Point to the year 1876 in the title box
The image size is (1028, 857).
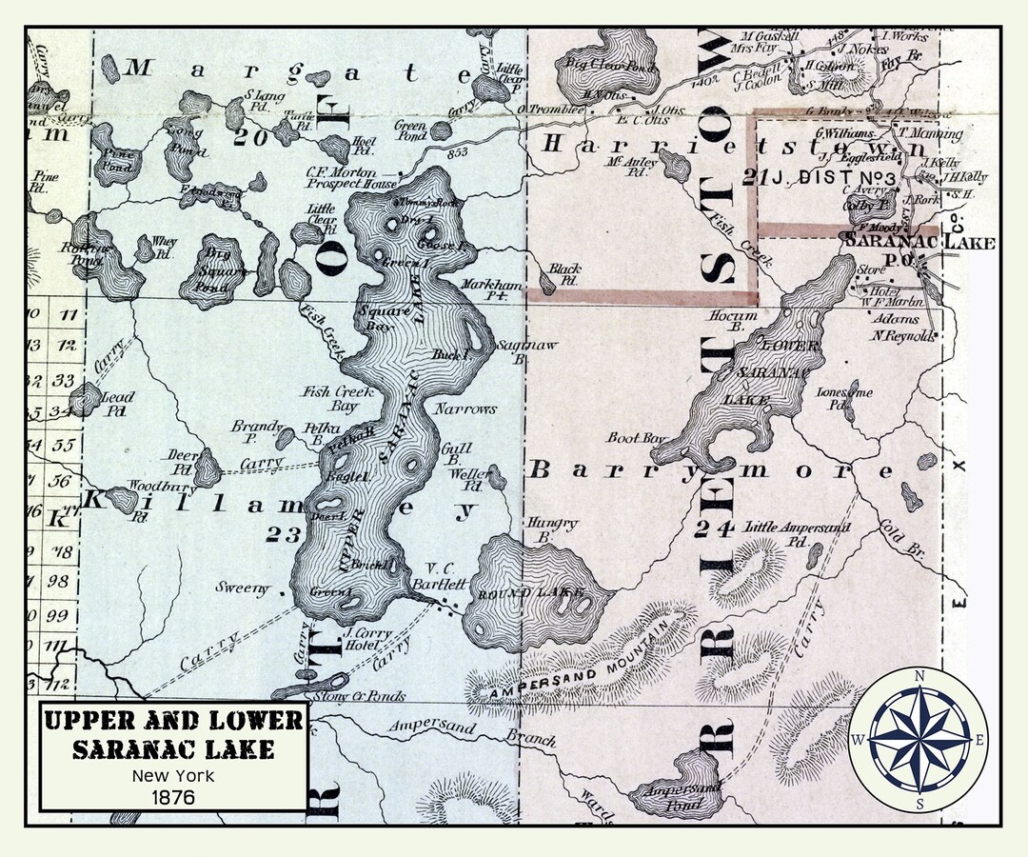click(x=172, y=796)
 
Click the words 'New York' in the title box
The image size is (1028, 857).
click(x=172, y=775)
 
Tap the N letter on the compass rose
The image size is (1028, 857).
click(x=919, y=677)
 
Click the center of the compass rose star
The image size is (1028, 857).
click(x=919, y=739)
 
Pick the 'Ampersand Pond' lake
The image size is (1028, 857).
click(x=681, y=791)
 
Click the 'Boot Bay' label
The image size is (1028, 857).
click(x=636, y=437)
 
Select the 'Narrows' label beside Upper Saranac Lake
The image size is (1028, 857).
click(x=465, y=409)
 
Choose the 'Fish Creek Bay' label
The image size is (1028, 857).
click(x=337, y=397)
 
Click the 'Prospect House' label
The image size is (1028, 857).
click(x=366, y=184)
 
